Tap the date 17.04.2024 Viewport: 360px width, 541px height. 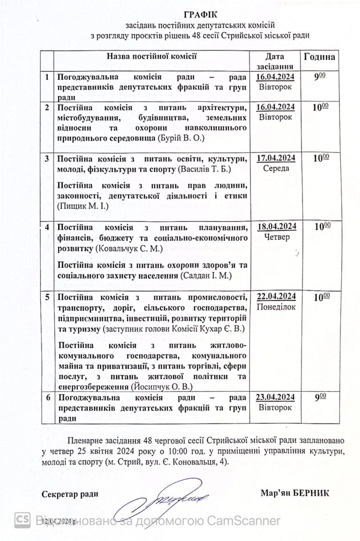pyautogui.click(x=277, y=157)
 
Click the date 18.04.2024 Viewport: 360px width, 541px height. pyautogui.click(x=277, y=227)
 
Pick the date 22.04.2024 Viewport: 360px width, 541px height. pyautogui.click(x=277, y=296)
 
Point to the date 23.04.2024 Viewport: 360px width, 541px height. pyautogui.click(x=277, y=397)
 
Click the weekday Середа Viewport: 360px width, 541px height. pyautogui.click(x=277, y=168)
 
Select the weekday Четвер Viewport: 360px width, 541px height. pyautogui.click(x=277, y=237)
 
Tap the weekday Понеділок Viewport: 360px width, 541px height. pyautogui.click(x=277, y=307)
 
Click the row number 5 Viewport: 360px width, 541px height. pyautogui.click(x=47, y=297)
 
